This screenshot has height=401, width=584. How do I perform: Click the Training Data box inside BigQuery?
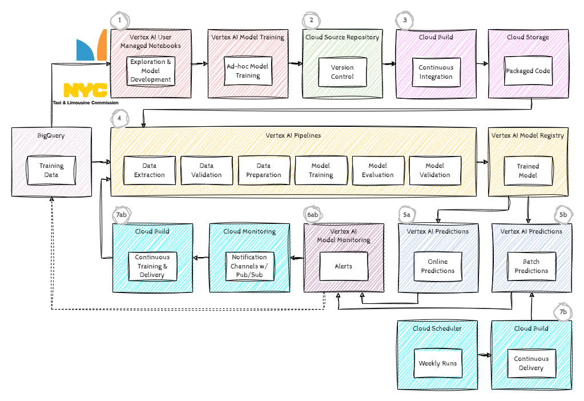pos(51,170)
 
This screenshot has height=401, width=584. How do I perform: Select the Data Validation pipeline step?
pos(206,170)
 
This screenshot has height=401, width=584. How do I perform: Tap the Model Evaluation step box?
pos(377,170)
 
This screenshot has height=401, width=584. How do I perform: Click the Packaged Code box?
pos(528,71)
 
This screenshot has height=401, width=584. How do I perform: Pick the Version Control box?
pos(342,72)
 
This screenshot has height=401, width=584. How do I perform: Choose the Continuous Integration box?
pos(436,72)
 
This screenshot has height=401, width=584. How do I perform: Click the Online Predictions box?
pos(438,266)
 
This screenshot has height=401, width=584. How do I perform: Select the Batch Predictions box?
pos(531,266)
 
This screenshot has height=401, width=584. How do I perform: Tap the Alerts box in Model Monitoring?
pos(343,266)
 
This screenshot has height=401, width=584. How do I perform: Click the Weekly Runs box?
pos(437,363)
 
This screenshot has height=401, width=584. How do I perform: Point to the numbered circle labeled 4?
pos(119,118)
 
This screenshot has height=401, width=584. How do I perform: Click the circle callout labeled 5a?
pos(406,215)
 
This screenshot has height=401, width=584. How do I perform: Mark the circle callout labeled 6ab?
pos(312,215)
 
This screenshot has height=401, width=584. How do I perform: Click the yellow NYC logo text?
pos(85,90)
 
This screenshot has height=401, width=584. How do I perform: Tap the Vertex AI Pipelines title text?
pos(293,135)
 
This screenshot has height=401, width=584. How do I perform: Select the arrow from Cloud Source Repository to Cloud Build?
pos(389,64)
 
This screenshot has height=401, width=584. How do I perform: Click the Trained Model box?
pos(527,170)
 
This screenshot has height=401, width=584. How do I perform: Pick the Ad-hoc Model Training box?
pos(248,71)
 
